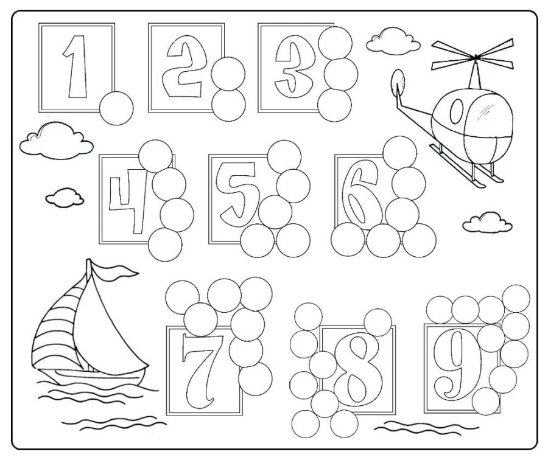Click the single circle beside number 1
click(x=116, y=108)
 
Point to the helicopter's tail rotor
click(x=398, y=82)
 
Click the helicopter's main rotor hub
click(x=474, y=58)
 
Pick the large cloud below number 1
click(x=55, y=139)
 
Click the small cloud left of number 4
click(x=64, y=197)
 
